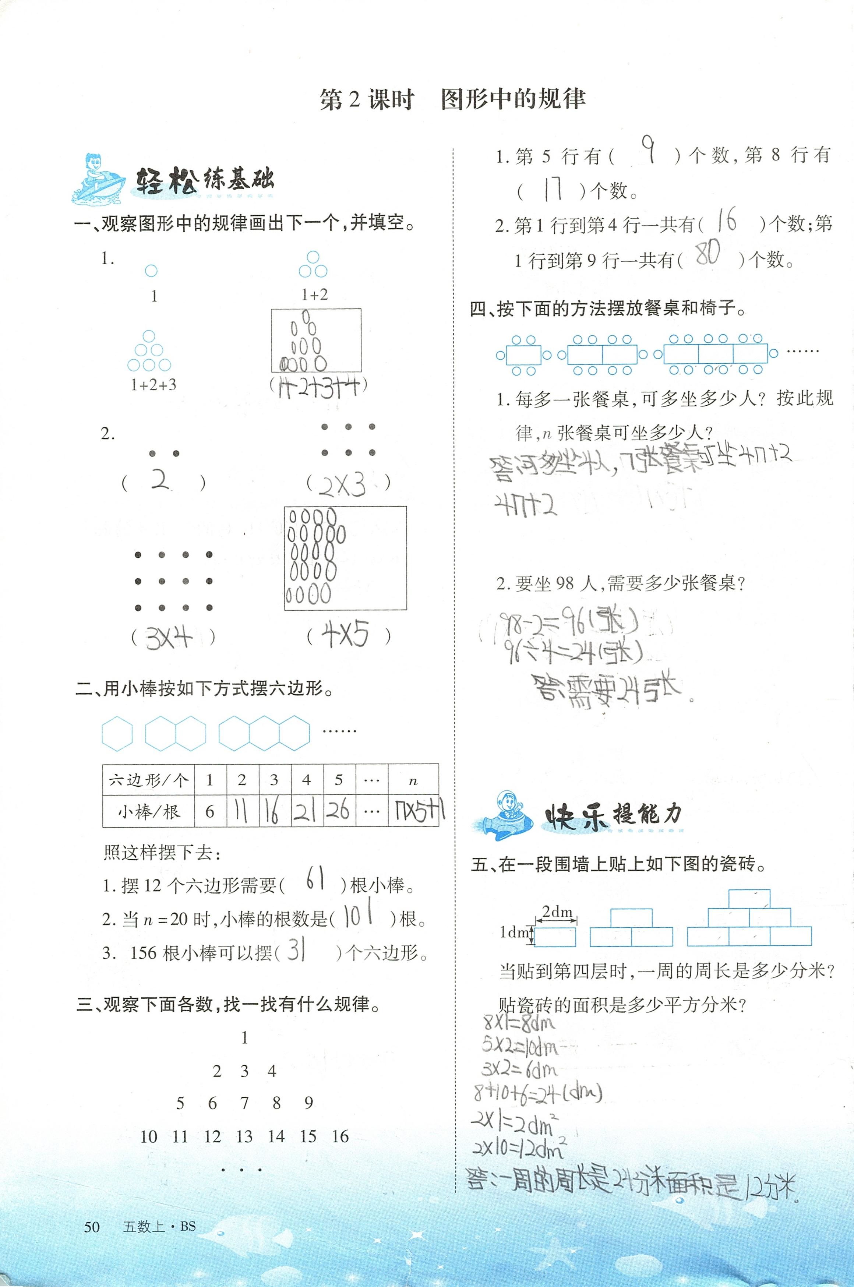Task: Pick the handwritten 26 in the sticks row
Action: pos(338,811)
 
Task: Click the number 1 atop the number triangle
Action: pos(244,1037)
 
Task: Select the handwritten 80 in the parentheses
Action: pos(708,253)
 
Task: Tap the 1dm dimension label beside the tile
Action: pos(514,932)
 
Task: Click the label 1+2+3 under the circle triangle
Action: pos(153,385)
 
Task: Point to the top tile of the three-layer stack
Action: pos(749,899)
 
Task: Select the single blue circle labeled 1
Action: pos(151,271)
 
